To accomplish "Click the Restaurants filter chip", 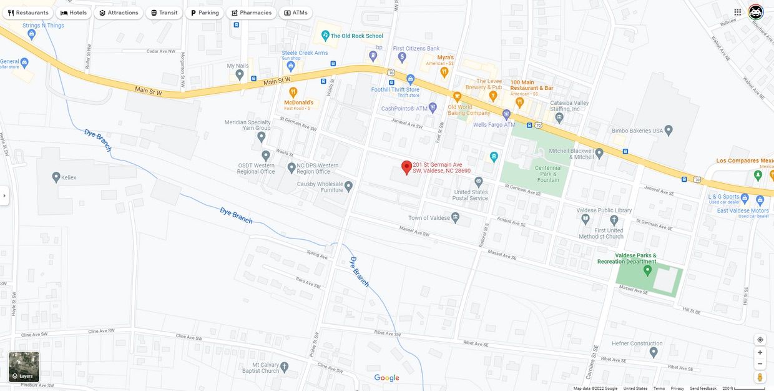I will click(28, 12).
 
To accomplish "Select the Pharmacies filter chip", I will click(251, 12).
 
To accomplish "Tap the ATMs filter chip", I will click(295, 12).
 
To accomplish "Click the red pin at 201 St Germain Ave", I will click(406, 167).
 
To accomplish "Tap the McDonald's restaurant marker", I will click(293, 92).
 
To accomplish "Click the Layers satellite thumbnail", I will click(24, 367).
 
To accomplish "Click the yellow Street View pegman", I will click(760, 377).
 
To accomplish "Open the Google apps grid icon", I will click(738, 12).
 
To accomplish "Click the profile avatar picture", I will click(756, 12).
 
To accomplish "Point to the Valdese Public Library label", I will click(604, 210).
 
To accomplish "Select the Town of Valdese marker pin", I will click(456, 217).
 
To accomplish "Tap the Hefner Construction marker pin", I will click(654, 352).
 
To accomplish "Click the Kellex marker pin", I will click(56, 177).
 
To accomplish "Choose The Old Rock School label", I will click(356, 36).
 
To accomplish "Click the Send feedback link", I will click(703, 389).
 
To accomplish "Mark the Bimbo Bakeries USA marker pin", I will click(669, 130).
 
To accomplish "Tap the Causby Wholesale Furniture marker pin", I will click(348, 186).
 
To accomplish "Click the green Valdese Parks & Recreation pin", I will click(647, 270).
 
